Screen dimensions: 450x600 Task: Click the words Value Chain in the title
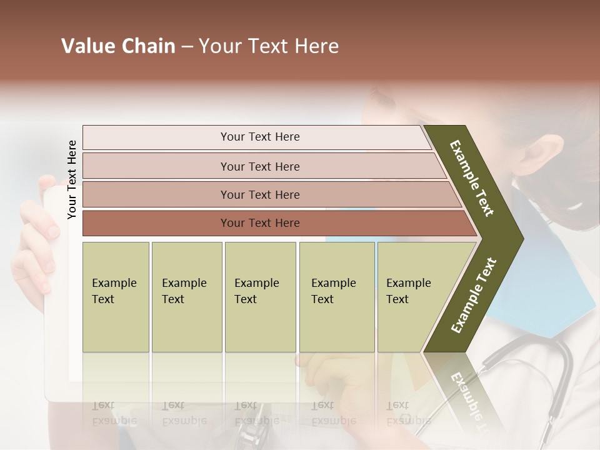[x=118, y=46]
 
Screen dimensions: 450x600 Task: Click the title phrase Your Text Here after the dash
[x=269, y=46]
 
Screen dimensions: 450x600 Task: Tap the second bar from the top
[x=260, y=166]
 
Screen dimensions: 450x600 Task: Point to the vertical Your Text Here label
[x=72, y=179]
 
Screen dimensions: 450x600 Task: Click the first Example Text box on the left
[x=116, y=296]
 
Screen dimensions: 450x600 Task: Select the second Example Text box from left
[x=186, y=296]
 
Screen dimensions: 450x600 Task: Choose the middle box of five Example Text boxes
[x=260, y=296]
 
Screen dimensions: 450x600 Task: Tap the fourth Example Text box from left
[x=336, y=296]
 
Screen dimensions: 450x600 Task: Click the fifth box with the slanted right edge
[x=412, y=296]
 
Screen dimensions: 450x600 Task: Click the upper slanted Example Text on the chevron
[x=472, y=178]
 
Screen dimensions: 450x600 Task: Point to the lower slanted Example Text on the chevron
[x=474, y=296]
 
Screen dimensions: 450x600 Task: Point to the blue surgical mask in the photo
[x=562, y=275]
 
